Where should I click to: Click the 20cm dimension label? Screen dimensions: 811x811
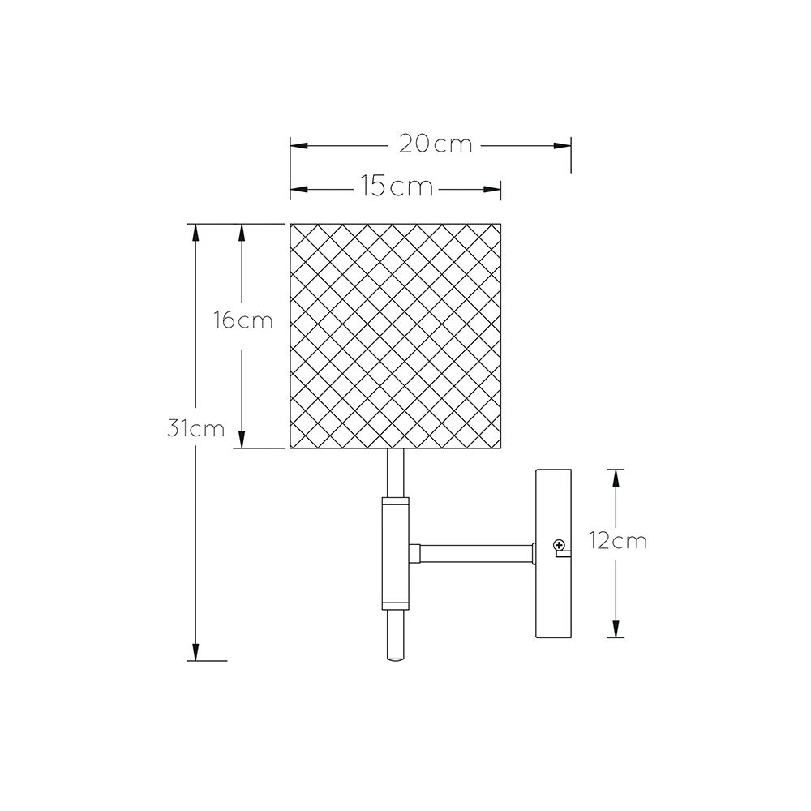436,144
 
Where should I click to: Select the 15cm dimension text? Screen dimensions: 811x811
397,187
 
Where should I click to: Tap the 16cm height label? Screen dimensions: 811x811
243,320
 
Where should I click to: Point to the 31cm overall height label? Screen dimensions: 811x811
196,429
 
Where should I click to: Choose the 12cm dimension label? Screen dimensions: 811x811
618,541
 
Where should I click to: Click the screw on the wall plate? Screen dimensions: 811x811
559,545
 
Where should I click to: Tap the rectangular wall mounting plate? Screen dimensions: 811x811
553,553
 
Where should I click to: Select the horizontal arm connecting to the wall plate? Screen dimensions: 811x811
472,553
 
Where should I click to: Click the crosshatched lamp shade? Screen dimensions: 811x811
396,336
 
